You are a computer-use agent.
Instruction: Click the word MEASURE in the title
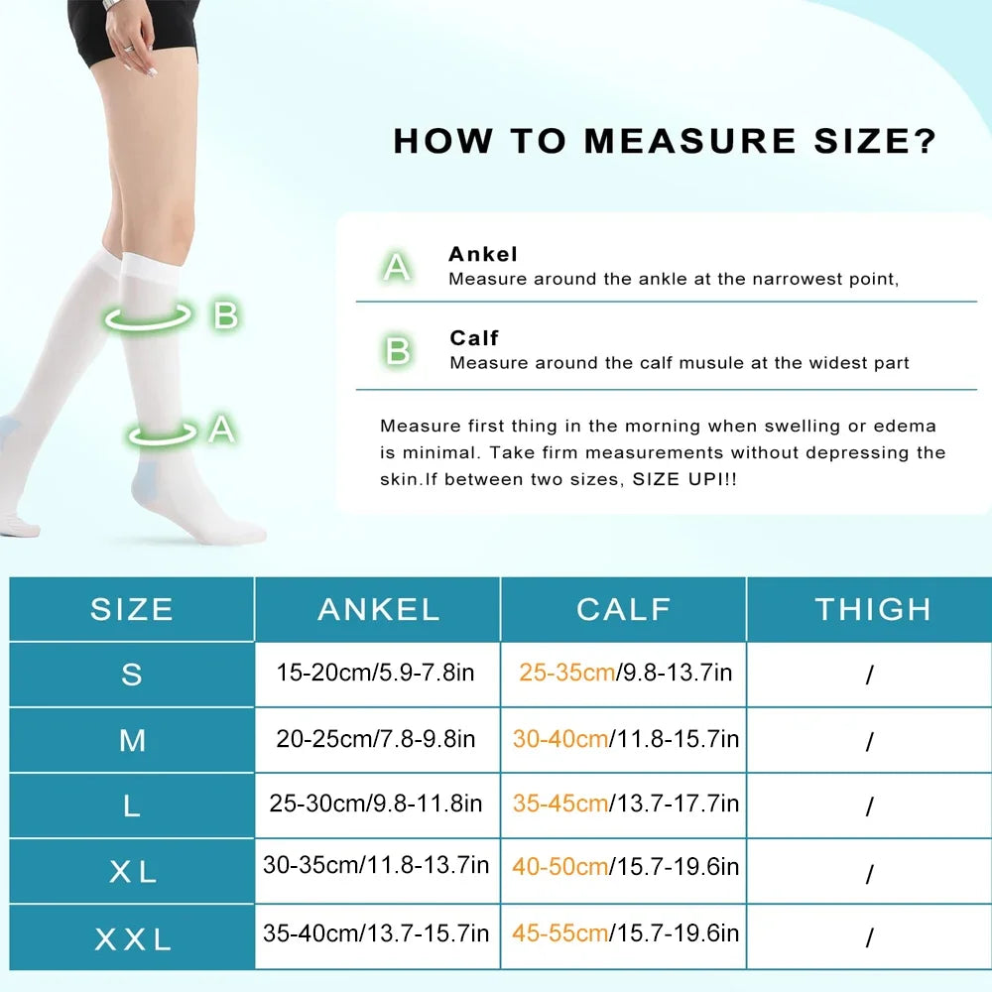tap(688, 141)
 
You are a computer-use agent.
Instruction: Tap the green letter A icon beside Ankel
tap(398, 266)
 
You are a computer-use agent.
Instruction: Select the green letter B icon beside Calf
tap(398, 350)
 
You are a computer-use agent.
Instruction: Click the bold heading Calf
tap(474, 338)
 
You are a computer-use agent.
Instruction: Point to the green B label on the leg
tap(226, 316)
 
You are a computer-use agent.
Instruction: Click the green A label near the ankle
tap(221, 430)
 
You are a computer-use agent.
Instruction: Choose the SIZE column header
tap(132, 609)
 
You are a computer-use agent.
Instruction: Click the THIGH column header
tap(873, 609)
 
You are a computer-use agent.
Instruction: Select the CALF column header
tap(624, 609)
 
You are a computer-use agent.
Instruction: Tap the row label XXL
tap(132, 938)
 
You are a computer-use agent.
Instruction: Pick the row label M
tap(132, 740)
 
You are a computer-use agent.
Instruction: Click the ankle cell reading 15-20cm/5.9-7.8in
tap(376, 673)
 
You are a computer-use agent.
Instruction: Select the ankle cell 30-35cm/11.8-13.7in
tap(376, 865)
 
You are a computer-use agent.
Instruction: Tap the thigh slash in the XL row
tap(870, 875)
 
